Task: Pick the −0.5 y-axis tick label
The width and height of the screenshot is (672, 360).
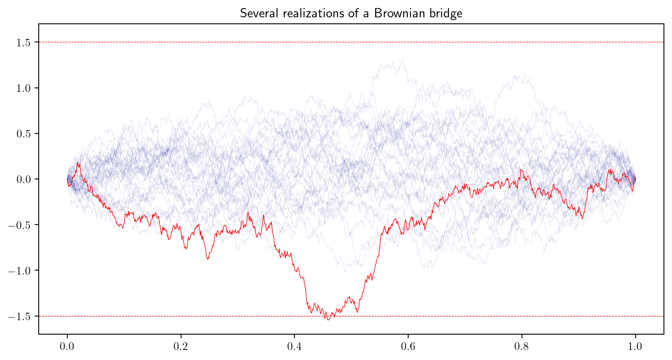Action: [x=21, y=225]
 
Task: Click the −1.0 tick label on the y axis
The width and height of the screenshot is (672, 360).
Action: [x=21, y=271]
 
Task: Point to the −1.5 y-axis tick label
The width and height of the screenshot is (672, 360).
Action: [x=21, y=316]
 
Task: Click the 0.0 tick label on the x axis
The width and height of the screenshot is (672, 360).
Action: [x=67, y=346]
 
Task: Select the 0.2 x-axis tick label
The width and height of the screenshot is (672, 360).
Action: [x=181, y=346]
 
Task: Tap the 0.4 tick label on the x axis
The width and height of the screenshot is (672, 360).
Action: [x=294, y=346]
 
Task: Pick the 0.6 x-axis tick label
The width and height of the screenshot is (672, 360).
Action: [x=408, y=346]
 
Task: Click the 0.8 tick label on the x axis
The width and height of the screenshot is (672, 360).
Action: [x=522, y=346]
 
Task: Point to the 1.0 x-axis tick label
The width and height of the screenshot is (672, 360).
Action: [x=636, y=346]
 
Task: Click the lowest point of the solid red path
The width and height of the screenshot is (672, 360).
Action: [x=328, y=320]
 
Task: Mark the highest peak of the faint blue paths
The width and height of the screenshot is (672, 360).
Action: [x=403, y=60]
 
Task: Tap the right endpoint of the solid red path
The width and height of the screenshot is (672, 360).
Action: [x=636, y=179]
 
